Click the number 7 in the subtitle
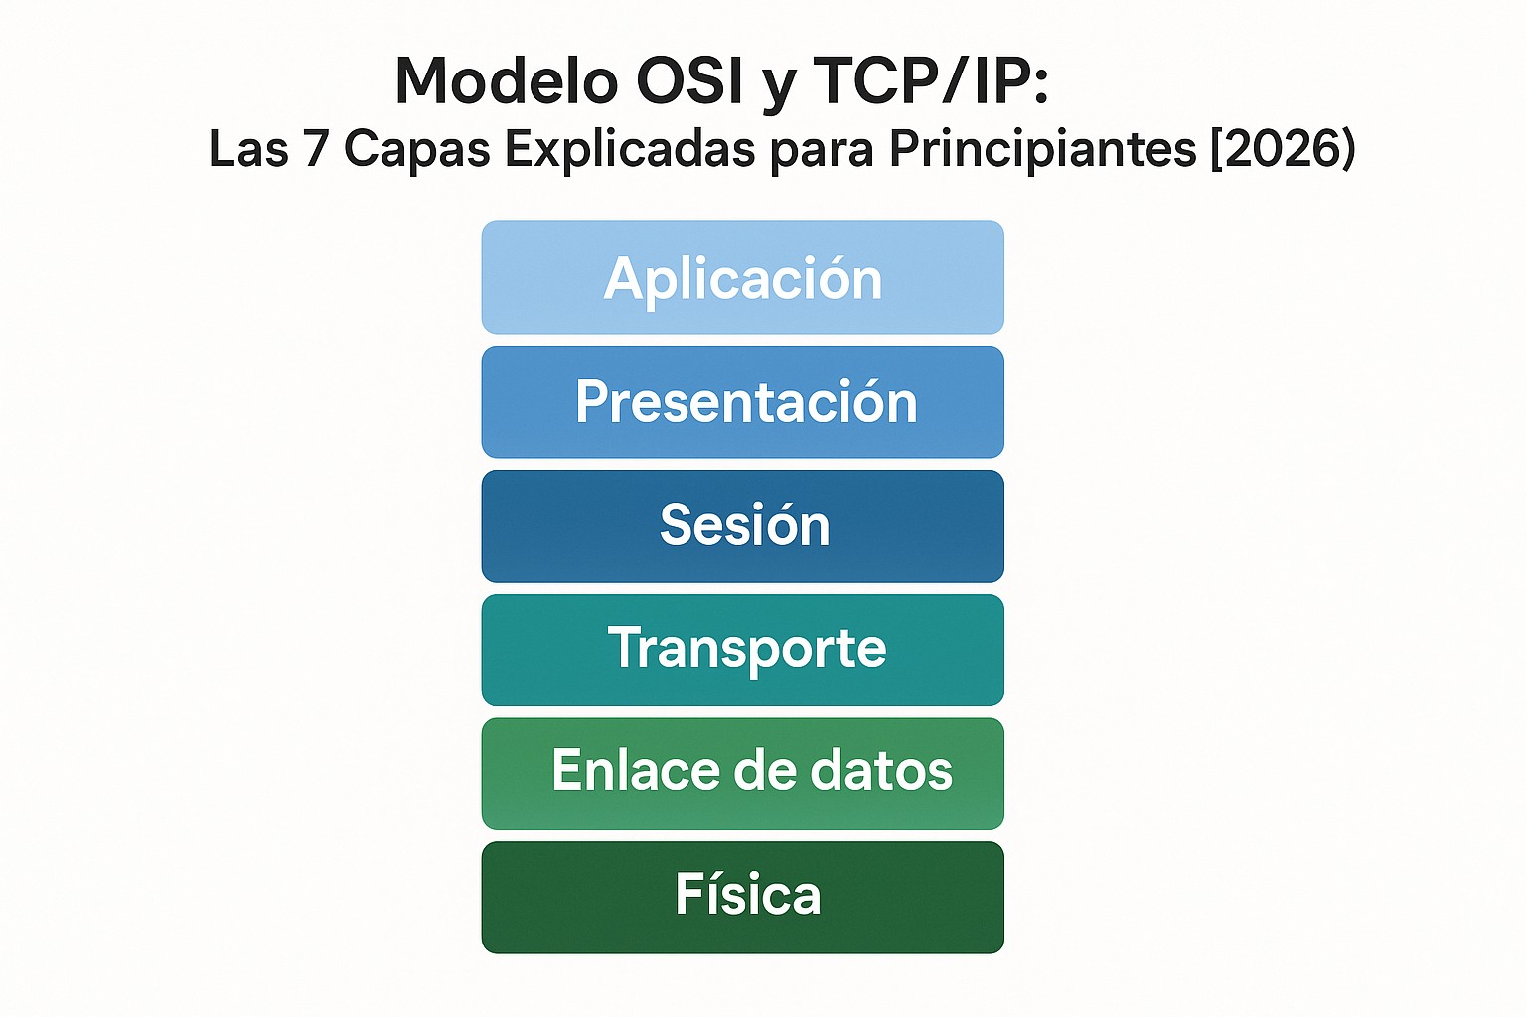click(316, 149)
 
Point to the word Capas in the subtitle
click(417, 149)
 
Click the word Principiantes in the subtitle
click(1043, 149)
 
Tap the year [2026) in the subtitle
click(1283, 149)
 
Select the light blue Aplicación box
click(742, 278)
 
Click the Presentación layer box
click(742, 402)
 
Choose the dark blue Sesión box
click(742, 526)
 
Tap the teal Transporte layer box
click(742, 650)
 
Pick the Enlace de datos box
click(742, 774)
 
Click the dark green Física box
click(742, 897)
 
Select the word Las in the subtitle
click(248, 149)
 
